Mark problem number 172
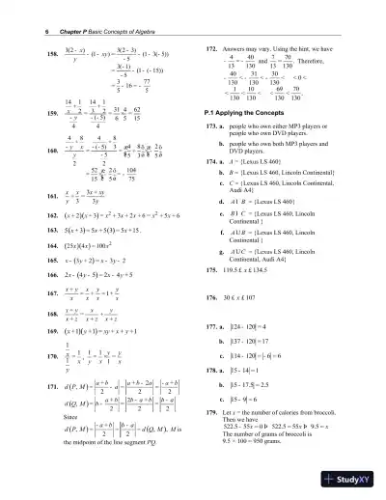tap(213, 47)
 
